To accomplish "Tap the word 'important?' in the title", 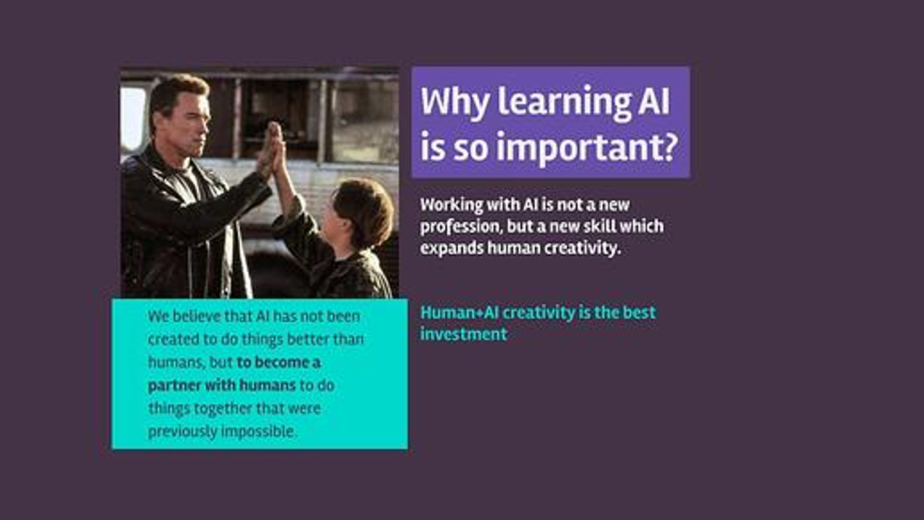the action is tap(588, 148).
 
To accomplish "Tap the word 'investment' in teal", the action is tap(464, 334).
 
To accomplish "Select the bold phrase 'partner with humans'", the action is tap(222, 386).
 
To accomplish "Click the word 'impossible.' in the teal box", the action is tap(259, 432).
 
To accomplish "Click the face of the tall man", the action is tap(190, 124).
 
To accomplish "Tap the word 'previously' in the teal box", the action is tap(183, 432).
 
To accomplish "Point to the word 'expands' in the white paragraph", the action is tap(452, 249).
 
